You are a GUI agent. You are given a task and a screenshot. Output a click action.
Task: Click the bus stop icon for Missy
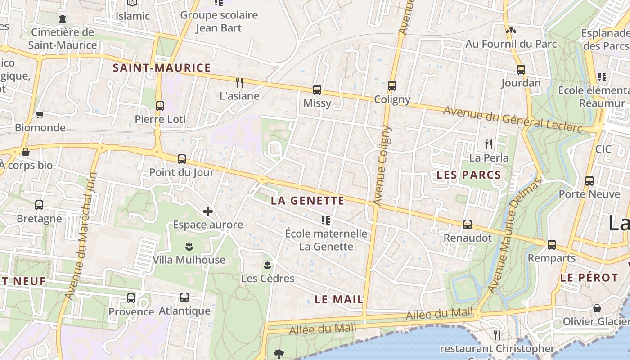click(x=317, y=90)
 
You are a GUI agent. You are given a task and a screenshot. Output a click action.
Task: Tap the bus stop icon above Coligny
click(x=392, y=86)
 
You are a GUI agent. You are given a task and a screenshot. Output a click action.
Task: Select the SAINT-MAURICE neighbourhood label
click(x=162, y=68)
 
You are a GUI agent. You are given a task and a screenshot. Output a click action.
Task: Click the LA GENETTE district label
click(x=308, y=201)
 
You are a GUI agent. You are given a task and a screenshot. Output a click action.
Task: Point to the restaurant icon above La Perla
click(x=489, y=144)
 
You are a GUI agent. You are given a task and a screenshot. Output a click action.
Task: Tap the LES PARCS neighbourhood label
click(x=469, y=175)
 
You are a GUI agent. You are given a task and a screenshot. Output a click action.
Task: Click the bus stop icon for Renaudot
click(x=468, y=225)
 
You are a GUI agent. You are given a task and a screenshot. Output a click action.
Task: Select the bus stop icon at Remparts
click(x=552, y=245)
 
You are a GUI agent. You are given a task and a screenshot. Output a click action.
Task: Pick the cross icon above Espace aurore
click(x=208, y=211)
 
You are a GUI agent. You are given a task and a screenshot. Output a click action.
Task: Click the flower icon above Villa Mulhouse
click(x=189, y=247)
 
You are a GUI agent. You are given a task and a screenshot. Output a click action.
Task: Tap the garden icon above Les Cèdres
click(x=268, y=265)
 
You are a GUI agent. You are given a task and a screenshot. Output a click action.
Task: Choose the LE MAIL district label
click(x=339, y=299)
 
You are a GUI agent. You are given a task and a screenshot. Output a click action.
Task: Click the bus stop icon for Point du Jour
click(x=182, y=159)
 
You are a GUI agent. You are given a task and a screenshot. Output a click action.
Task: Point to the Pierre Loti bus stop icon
click(x=160, y=106)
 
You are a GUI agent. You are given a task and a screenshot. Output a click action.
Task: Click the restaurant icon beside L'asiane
click(x=239, y=82)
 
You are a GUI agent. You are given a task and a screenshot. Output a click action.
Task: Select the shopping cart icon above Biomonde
click(x=40, y=114)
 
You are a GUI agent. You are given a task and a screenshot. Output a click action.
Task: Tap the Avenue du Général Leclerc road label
click(x=513, y=119)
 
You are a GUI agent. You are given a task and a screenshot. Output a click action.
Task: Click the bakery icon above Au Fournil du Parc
click(x=511, y=31)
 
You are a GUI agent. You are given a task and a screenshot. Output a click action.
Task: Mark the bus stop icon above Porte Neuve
click(x=589, y=181)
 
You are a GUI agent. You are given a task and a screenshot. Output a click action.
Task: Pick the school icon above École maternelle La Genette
click(x=326, y=220)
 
